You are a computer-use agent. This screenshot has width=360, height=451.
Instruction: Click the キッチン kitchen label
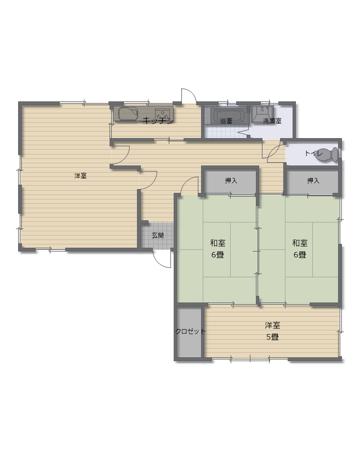(x=158, y=121)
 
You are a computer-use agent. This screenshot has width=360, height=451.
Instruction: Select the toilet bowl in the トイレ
(x=327, y=155)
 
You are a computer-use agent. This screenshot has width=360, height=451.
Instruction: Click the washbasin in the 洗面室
(x=262, y=113)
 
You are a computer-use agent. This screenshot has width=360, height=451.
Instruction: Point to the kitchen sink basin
(x=128, y=113)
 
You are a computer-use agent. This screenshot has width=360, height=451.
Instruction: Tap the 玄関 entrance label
(x=158, y=236)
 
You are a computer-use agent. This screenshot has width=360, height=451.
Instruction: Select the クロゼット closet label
(x=190, y=332)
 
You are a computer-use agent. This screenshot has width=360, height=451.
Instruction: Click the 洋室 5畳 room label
(x=272, y=331)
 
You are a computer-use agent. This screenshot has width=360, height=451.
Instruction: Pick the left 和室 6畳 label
(x=218, y=249)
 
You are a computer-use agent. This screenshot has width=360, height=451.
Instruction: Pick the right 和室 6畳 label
(x=300, y=249)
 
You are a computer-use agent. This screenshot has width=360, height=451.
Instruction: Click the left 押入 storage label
(x=231, y=181)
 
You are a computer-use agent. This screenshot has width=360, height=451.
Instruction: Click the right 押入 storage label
(x=313, y=181)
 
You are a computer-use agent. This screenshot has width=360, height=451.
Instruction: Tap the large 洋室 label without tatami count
(x=81, y=175)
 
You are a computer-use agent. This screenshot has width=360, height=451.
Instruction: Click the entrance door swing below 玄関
(x=162, y=259)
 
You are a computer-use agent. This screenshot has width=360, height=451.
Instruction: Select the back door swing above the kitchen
(x=189, y=95)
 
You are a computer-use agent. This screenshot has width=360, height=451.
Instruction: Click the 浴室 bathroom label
(x=226, y=121)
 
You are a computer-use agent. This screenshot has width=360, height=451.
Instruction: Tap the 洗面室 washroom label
(x=272, y=121)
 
